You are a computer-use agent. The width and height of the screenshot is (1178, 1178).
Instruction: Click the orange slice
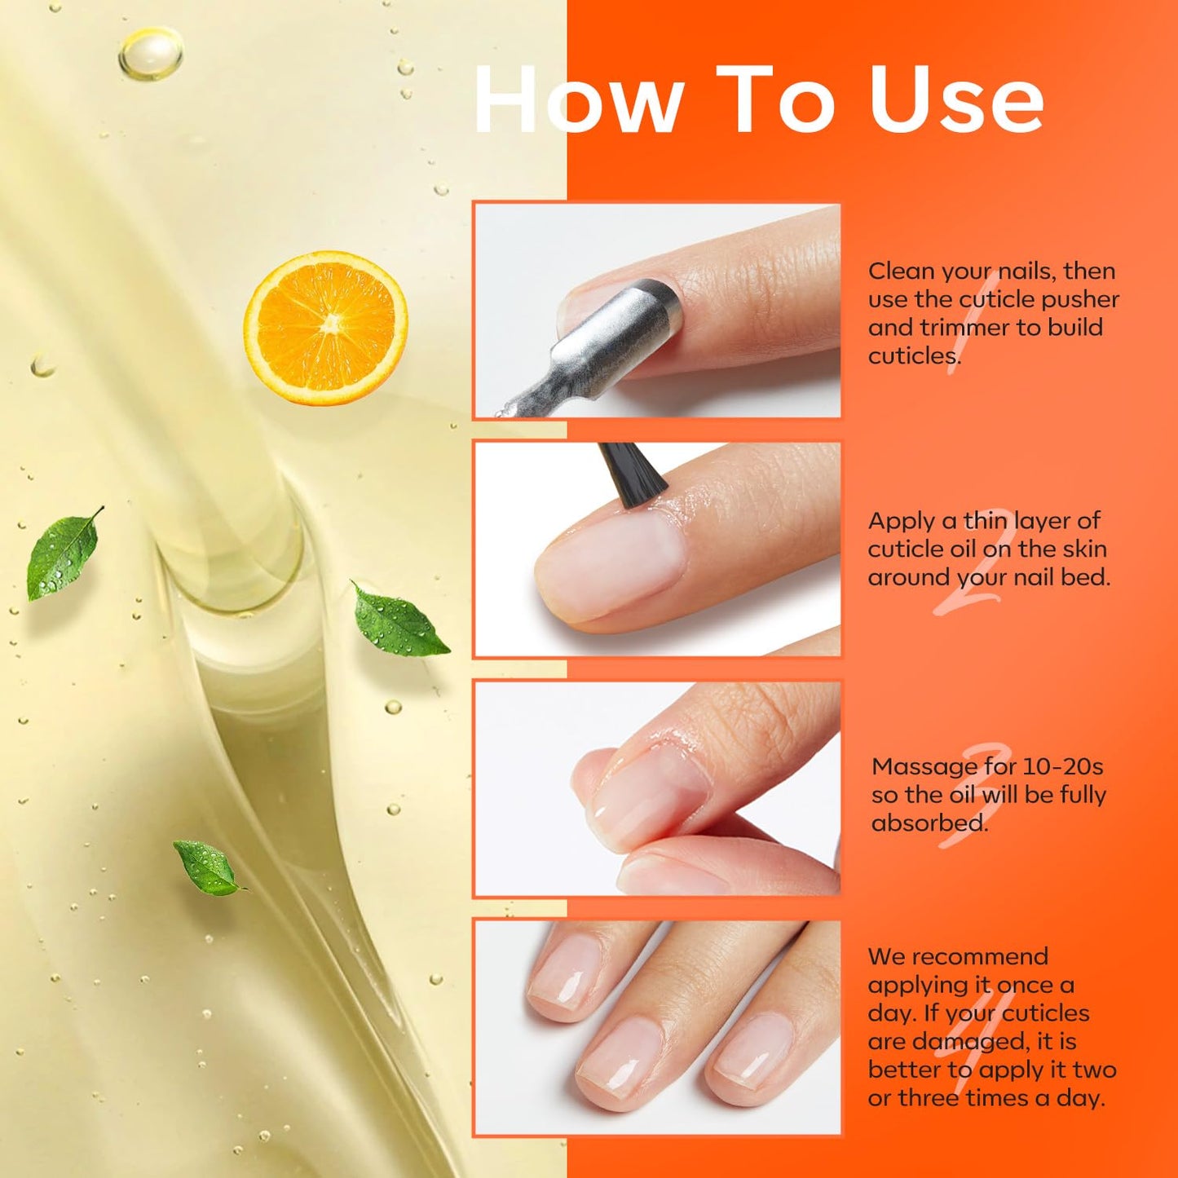[326, 328]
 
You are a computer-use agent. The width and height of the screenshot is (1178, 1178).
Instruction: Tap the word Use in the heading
[956, 100]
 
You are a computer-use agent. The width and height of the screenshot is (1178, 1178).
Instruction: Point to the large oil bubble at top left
[151, 54]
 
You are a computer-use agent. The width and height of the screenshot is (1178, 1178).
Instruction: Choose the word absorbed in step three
[929, 823]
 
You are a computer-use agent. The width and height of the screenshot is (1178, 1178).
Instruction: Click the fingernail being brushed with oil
[607, 566]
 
